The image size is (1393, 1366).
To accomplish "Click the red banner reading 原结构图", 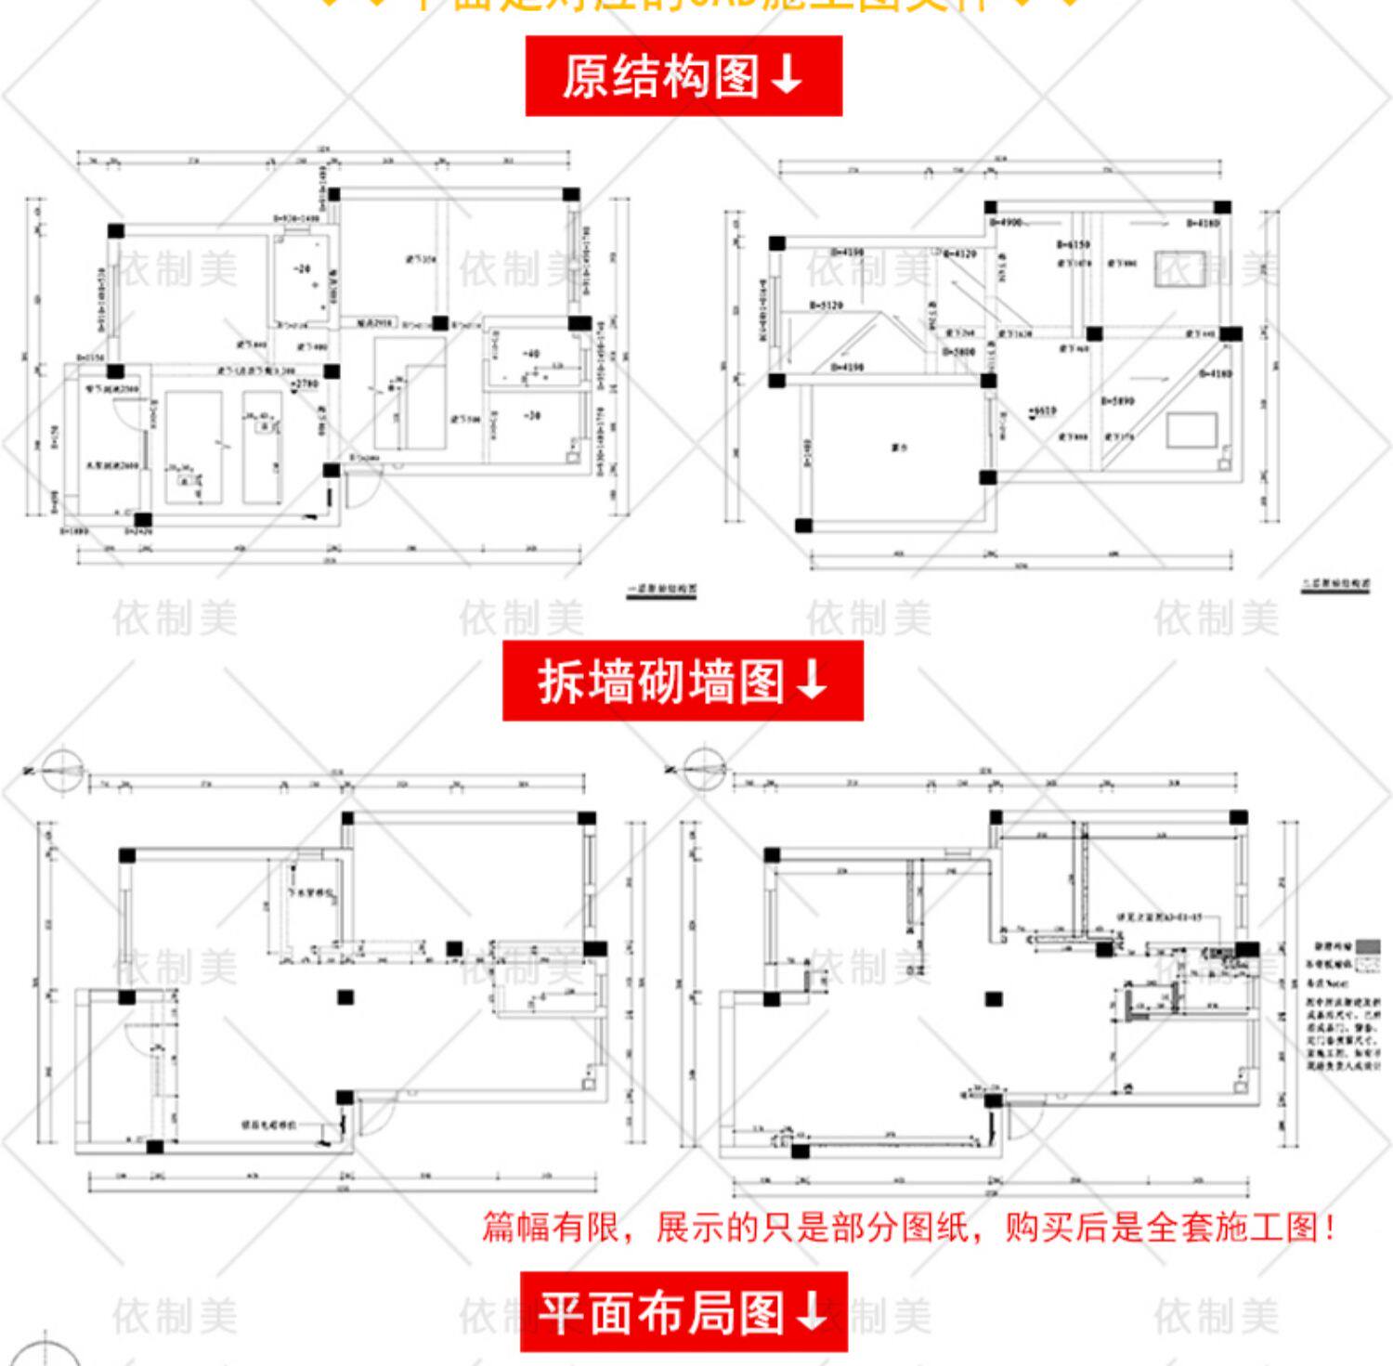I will [x=683, y=76].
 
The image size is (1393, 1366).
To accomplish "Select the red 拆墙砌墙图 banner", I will [x=683, y=681].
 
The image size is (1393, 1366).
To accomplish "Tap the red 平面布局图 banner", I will [x=683, y=1311].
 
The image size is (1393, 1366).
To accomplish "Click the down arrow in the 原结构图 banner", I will [x=787, y=76].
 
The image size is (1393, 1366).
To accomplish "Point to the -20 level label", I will [x=303, y=269].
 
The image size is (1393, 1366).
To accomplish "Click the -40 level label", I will [x=531, y=354].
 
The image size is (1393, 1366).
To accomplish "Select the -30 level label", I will [x=532, y=416].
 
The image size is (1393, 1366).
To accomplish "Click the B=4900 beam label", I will [x=1006, y=223].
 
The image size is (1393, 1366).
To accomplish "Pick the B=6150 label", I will [x=1073, y=244].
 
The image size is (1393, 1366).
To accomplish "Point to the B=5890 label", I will [x=1117, y=401].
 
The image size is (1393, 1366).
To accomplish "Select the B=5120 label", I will [x=826, y=305].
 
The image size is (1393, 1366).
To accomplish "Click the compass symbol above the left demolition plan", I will [x=59, y=771].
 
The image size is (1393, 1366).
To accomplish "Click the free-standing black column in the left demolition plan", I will [x=345, y=997].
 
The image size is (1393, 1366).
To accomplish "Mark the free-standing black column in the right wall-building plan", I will [x=994, y=999].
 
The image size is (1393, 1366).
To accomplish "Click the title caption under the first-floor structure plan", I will [x=662, y=589].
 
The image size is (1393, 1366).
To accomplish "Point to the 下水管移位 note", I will [x=310, y=892].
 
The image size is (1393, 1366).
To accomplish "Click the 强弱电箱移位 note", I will [x=269, y=1125].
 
